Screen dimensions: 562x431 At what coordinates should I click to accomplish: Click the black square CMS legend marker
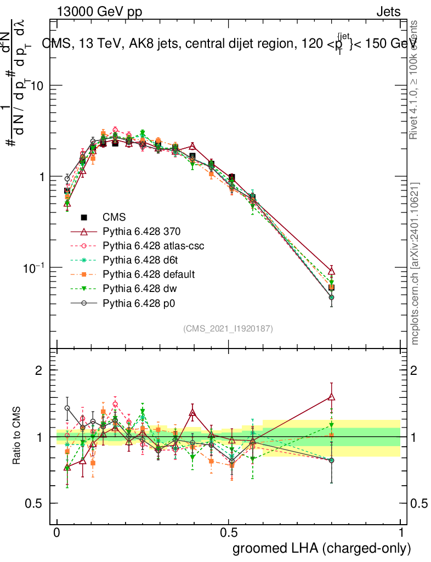[84, 217]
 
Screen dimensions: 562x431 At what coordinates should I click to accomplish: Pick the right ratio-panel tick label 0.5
[420, 503]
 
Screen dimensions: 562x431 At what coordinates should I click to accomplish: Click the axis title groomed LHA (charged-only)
[322, 548]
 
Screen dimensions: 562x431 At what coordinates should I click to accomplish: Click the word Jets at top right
[388, 12]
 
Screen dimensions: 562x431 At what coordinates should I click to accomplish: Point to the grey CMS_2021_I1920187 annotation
[228, 328]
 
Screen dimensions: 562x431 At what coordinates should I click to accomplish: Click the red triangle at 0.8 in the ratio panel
[331, 397]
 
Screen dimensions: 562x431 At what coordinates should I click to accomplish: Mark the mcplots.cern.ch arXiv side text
[416, 263]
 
